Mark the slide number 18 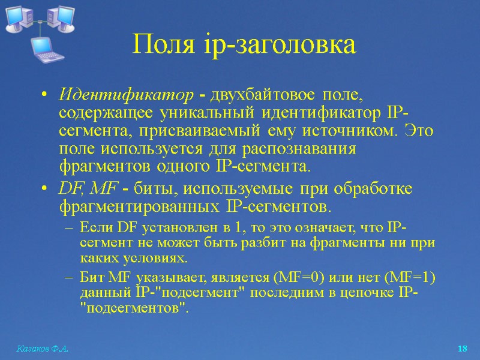[x=462, y=349]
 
